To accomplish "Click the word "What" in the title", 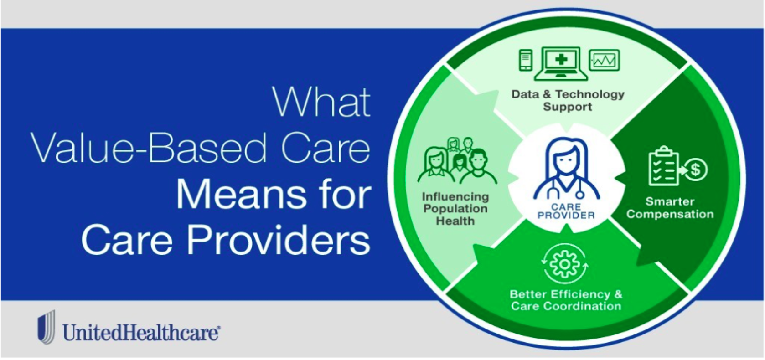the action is click(x=321, y=102).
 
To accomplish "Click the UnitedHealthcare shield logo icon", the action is click(x=46, y=327).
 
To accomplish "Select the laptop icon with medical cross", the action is click(x=561, y=63).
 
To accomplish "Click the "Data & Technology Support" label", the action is click(x=568, y=100).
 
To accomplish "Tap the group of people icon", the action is click(x=457, y=161).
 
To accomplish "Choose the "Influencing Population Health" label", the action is click(x=455, y=209).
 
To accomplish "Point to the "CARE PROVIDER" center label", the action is click(x=566, y=211).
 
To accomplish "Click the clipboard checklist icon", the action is click(x=664, y=166).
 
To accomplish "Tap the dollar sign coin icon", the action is click(x=696, y=170).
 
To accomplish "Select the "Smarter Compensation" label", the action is click(x=670, y=208).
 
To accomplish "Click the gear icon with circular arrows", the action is click(x=565, y=264).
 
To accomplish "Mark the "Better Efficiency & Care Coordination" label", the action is click(x=566, y=300).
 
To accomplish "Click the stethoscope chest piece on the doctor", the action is click(x=580, y=195).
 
